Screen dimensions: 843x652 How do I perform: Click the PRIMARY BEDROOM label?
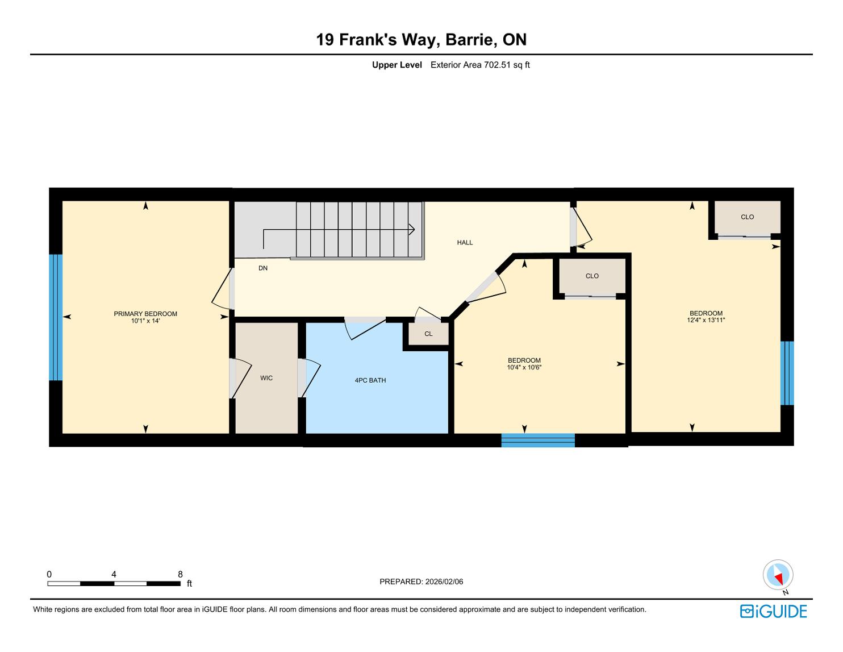(x=145, y=314)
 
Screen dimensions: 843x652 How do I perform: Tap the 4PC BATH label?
(x=370, y=380)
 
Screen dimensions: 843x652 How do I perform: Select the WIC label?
(x=266, y=378)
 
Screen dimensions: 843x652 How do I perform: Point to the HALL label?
(x=465, y=243)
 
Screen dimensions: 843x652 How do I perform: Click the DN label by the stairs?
(x=263, y=268)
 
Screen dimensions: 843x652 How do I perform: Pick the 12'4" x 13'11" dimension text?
(x=706, y=320)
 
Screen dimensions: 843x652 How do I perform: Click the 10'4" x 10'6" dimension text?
(x=524, y=367)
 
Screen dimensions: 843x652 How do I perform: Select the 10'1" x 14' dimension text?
(x=145, y=321)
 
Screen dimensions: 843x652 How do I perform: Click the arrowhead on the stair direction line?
(x=412, y=229)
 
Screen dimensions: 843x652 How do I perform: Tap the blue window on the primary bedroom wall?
(x=56, y=317)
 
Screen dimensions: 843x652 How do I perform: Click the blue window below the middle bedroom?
(x=538, y=441)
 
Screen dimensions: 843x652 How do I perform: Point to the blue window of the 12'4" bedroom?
(x=787, y=373)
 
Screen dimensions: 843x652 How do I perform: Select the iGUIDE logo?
(x=773, y=611)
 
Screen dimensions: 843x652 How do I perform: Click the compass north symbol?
(x=778, y=575)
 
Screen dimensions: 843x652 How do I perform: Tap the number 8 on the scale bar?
(x=180, y=574)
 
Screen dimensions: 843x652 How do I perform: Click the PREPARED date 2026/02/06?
(x=444, y=582)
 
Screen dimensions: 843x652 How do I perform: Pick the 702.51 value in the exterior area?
(x=497, y=65)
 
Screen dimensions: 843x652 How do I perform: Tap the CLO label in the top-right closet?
(x=747, y=217)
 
